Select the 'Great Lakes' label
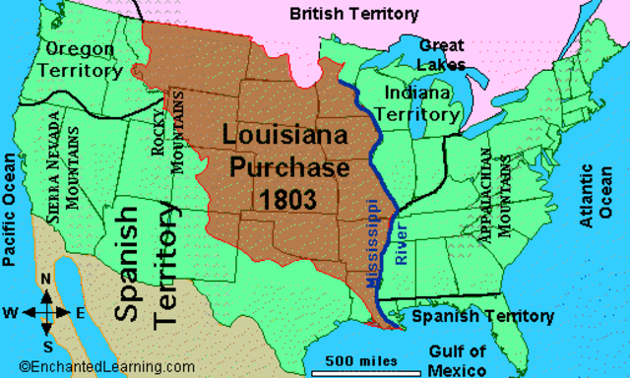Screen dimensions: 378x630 point(441,55)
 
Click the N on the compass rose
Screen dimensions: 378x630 point(45,280)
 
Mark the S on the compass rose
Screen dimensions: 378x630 point(45,347)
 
